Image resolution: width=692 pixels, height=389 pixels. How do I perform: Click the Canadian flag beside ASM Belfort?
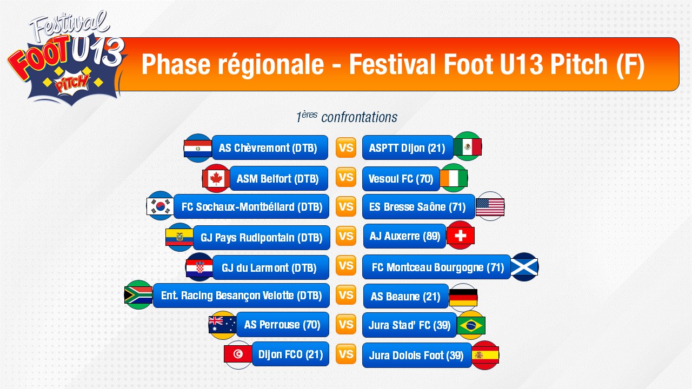(x=216, y=178)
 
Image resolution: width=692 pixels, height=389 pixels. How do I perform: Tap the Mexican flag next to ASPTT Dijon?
(x=468, y=146)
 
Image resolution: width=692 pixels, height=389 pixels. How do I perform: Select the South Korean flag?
(x=160, y=206)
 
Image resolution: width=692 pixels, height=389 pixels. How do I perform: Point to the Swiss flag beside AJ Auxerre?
(x=460, y=236)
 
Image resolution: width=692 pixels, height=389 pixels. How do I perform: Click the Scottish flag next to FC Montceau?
(x=524, y=267)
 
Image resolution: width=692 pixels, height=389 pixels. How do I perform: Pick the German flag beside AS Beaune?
(x=463, y=297)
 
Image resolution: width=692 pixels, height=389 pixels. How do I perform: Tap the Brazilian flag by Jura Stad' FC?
(x=471, y=325)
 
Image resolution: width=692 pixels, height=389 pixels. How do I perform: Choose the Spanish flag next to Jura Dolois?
(x=485, y=355)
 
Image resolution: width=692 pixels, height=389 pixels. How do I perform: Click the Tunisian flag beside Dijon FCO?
(x=238, y=354)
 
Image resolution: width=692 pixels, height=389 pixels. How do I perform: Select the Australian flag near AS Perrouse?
(x=222, y=325)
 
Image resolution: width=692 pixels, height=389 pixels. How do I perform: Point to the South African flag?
(x=138, y=295)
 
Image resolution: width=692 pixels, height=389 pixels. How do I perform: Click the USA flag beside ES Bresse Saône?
(x=490, y=206)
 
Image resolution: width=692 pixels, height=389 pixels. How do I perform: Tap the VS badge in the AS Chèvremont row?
(x=345, y=147)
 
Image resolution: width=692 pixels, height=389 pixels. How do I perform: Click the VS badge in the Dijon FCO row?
(x=345, y=354)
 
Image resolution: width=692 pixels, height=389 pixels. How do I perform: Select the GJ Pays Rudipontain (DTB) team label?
(x=261, y=237)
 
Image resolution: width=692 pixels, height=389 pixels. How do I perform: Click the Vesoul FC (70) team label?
(x=401, y=179)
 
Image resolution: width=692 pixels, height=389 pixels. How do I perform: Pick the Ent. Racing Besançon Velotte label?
(x=241, y=296)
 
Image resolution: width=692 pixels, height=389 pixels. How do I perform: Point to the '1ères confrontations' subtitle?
(x=347, y=117)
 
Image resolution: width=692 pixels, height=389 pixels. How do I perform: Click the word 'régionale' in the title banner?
(x=271, y=64)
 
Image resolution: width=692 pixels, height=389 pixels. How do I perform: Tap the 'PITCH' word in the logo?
(x=72, y=83)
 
